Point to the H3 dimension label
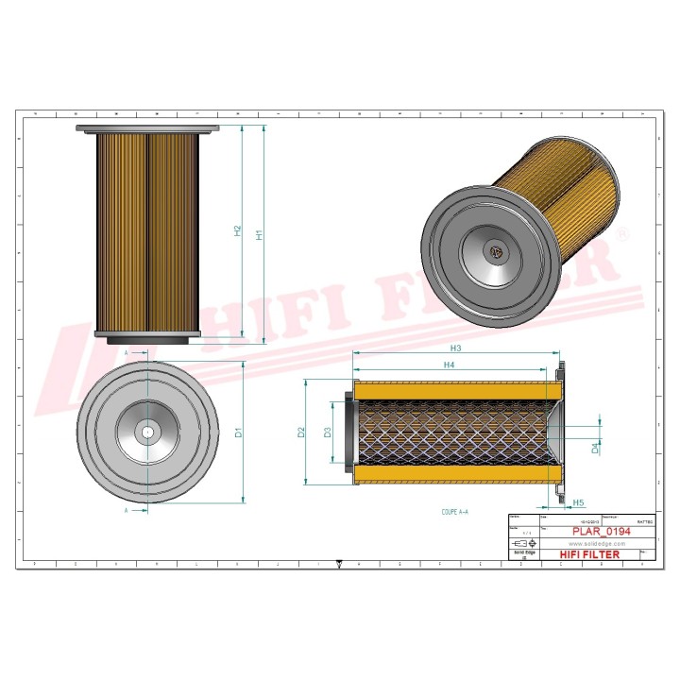(454, 348)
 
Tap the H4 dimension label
(450, 365)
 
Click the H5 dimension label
(578, 502)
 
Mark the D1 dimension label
(238, 432)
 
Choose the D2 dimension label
(301, 432)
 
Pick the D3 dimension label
(327, 432)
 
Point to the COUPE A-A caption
(454, 511)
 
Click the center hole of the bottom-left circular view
(147, 433)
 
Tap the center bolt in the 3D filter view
(495, 251)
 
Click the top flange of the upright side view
(147, 127)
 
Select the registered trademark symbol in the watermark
(620, 231)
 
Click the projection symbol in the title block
(522, 546)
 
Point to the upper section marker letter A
(127, 351)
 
